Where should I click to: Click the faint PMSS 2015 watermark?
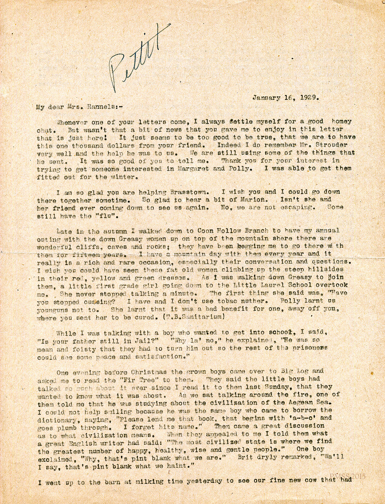pyautogui.click(x=348, y=476)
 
